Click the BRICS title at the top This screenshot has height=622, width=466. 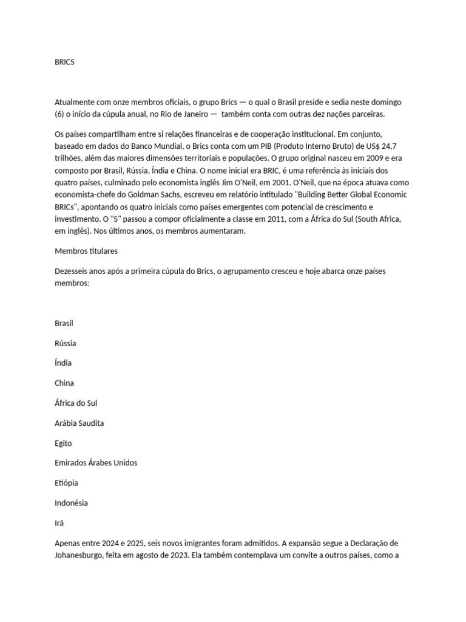64,63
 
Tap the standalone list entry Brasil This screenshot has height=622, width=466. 64,323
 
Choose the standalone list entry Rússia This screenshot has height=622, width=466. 66,343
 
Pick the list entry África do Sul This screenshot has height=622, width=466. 76,403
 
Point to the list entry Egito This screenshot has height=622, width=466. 63,443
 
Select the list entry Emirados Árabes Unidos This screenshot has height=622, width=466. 96,463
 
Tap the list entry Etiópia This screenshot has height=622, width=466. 66,483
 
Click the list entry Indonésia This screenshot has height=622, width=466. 71,503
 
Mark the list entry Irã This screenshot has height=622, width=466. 59,522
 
